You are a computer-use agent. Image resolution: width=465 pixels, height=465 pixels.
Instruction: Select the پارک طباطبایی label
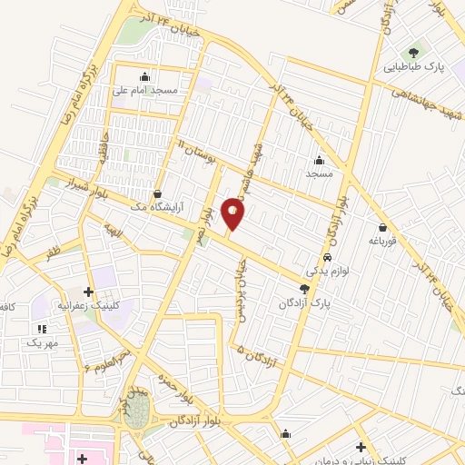tap(413, 66)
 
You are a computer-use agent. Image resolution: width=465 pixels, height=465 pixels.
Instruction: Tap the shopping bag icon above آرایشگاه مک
tap(158, 193)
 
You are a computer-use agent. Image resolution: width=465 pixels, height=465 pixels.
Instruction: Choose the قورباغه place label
tap(384, 242)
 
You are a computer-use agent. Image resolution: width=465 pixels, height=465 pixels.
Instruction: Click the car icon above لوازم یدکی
tap(314, 256)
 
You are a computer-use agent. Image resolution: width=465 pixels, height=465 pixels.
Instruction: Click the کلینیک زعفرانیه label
tap(88, 306)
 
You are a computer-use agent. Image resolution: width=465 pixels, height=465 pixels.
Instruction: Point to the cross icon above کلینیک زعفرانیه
tap(88, 292)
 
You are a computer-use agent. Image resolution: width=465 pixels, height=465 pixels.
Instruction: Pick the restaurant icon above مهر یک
tap(41, 328)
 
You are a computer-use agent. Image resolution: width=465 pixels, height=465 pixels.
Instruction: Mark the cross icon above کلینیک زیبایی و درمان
tap(361, 447)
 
